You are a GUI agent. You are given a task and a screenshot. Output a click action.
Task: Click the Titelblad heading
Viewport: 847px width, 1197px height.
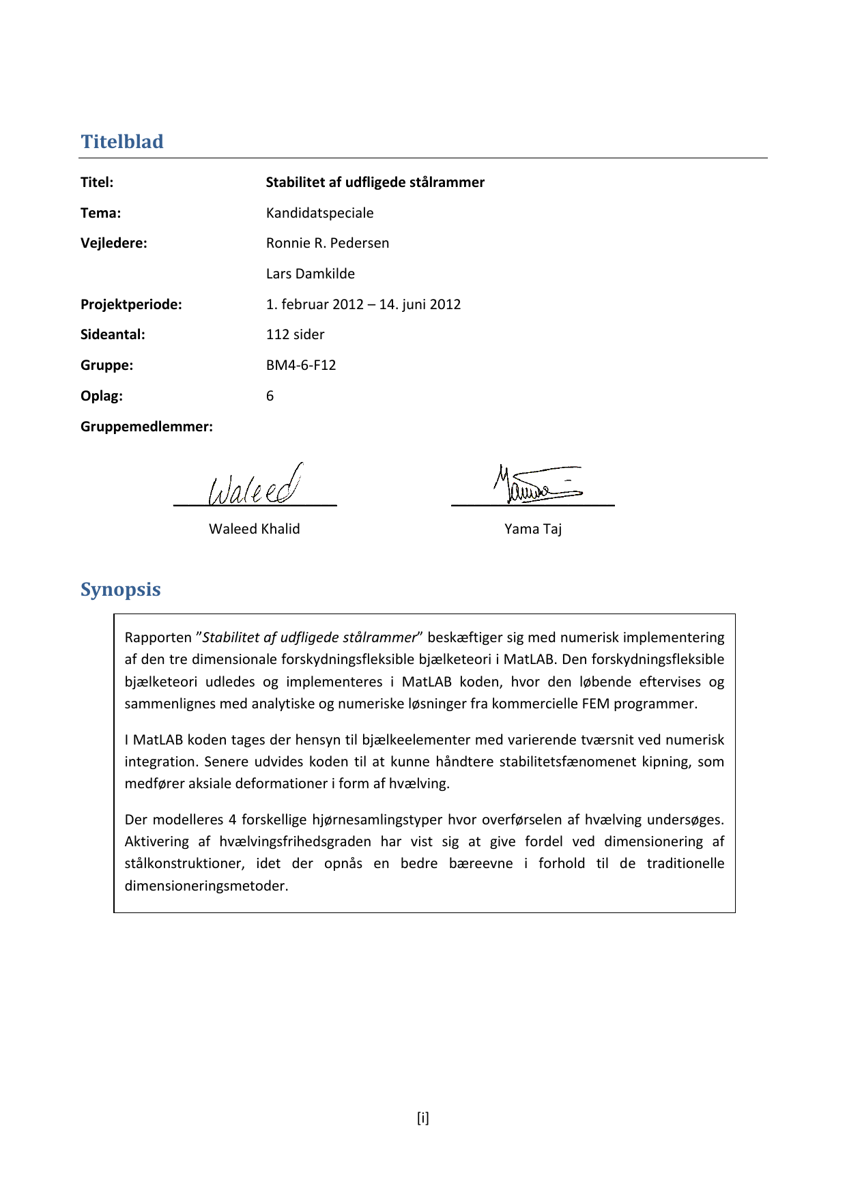[122, 141]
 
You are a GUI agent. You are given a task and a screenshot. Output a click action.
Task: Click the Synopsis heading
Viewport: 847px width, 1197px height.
[121, 589]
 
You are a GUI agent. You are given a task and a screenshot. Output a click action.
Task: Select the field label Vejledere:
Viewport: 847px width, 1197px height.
[114, 243]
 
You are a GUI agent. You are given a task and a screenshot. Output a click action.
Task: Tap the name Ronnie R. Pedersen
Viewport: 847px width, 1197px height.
[328, 243]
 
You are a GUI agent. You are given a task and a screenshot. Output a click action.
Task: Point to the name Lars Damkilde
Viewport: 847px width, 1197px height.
[311, 274]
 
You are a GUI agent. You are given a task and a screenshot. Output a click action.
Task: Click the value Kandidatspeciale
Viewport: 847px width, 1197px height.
[320, 213]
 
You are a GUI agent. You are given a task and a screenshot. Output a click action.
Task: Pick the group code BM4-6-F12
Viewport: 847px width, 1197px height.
[301, 365]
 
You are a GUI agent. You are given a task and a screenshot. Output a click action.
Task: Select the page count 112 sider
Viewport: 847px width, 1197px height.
[296, 334]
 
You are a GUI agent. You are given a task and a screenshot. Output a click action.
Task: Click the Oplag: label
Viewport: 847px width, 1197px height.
[102, 396]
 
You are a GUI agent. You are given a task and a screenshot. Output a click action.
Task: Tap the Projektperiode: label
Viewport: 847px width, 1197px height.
[131, 304]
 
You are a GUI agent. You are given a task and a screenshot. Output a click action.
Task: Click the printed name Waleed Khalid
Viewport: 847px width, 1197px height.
[255, 529]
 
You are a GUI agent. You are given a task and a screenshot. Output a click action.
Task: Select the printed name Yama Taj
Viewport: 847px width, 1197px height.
[533, 529]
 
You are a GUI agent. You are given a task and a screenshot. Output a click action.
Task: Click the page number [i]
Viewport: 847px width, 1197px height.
[423, 1118]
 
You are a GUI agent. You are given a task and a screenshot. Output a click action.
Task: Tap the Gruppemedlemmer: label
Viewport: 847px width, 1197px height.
[147, 427]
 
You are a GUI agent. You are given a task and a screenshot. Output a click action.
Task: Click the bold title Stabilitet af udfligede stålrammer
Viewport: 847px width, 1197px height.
[375, 182]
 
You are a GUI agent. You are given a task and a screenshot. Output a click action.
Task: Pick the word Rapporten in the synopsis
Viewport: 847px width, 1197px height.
[158, 637]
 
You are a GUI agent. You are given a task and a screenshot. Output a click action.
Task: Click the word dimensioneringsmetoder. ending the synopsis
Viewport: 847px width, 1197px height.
[206, 886]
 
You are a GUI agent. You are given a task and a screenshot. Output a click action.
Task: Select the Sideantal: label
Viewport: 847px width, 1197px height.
[113, 334]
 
